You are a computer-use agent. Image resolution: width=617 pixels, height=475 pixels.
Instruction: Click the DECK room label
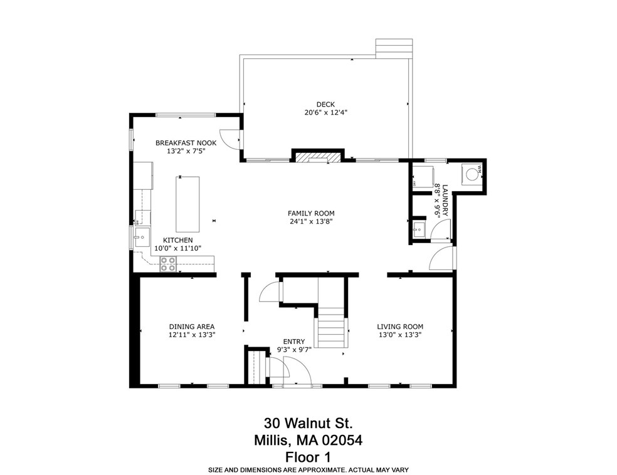coord(325,105)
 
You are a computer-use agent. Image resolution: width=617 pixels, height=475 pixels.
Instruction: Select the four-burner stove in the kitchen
coord(167,264)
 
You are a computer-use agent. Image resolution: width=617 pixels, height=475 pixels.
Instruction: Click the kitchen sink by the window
coord(141,236)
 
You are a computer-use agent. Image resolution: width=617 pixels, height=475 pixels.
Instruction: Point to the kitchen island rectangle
coord(187,204)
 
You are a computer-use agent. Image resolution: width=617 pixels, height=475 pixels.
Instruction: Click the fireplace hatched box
coord(312,157)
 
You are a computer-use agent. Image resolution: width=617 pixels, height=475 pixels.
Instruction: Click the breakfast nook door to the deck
coord(233,139)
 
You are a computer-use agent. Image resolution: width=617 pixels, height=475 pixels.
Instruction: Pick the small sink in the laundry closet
coord(418,230)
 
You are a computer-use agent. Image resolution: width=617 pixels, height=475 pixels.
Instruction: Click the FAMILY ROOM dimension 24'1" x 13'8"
coord(310,221)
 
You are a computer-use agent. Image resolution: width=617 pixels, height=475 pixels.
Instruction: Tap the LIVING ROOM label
coord(399,326)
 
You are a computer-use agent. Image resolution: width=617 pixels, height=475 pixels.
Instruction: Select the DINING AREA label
coord(191,326)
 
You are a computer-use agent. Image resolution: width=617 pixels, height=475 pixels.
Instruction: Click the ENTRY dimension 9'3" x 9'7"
coord(294,349)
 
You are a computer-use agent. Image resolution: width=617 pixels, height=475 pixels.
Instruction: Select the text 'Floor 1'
coord(307,456)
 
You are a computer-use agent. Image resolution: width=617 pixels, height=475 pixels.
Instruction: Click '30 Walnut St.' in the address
coord(308,424)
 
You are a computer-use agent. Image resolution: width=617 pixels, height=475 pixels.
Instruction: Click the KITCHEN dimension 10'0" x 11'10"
coord(177,248)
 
